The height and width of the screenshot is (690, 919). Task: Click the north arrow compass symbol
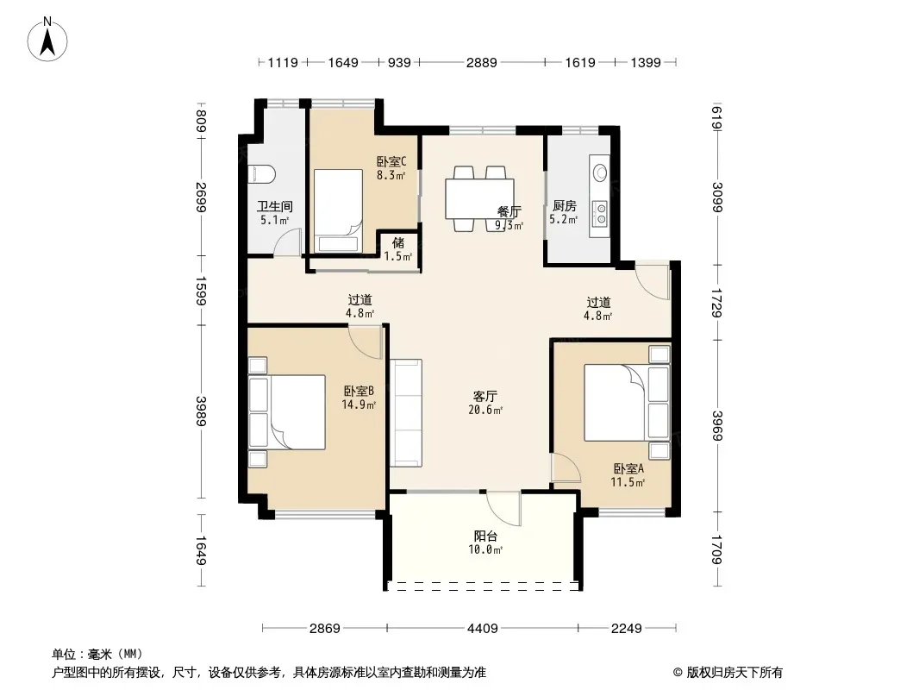click(x=47, y=40)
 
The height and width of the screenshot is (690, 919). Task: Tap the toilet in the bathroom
click(x=261, y=174)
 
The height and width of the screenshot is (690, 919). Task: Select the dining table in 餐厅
click(x=479, y=198)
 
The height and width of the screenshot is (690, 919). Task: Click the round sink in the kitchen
click(x=599, y=172)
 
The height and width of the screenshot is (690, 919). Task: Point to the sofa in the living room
click(x=406, y=413)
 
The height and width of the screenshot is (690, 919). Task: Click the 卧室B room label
click(x=359, y=391)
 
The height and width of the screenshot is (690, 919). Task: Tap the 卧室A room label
click(x=628, y=469)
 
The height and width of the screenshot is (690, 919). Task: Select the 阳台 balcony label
click(x=485, y=536)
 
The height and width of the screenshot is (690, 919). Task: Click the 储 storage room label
click(x=398, y=242)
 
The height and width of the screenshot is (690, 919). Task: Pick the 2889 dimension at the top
click(x=482, y=63)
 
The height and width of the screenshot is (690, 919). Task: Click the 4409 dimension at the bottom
click(x=483, y=629)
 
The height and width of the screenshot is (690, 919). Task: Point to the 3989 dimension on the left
click(x=201, y=411)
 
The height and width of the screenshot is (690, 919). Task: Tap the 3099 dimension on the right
click(x=717, y=197)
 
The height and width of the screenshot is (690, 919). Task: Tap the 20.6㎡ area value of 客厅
click(x=485, y=411)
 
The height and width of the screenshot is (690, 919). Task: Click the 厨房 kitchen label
click(x=565, y=206)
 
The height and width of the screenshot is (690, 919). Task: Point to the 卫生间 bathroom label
click(x=275, y=206)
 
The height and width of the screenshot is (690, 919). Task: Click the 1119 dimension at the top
click(x=283, y=63)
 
